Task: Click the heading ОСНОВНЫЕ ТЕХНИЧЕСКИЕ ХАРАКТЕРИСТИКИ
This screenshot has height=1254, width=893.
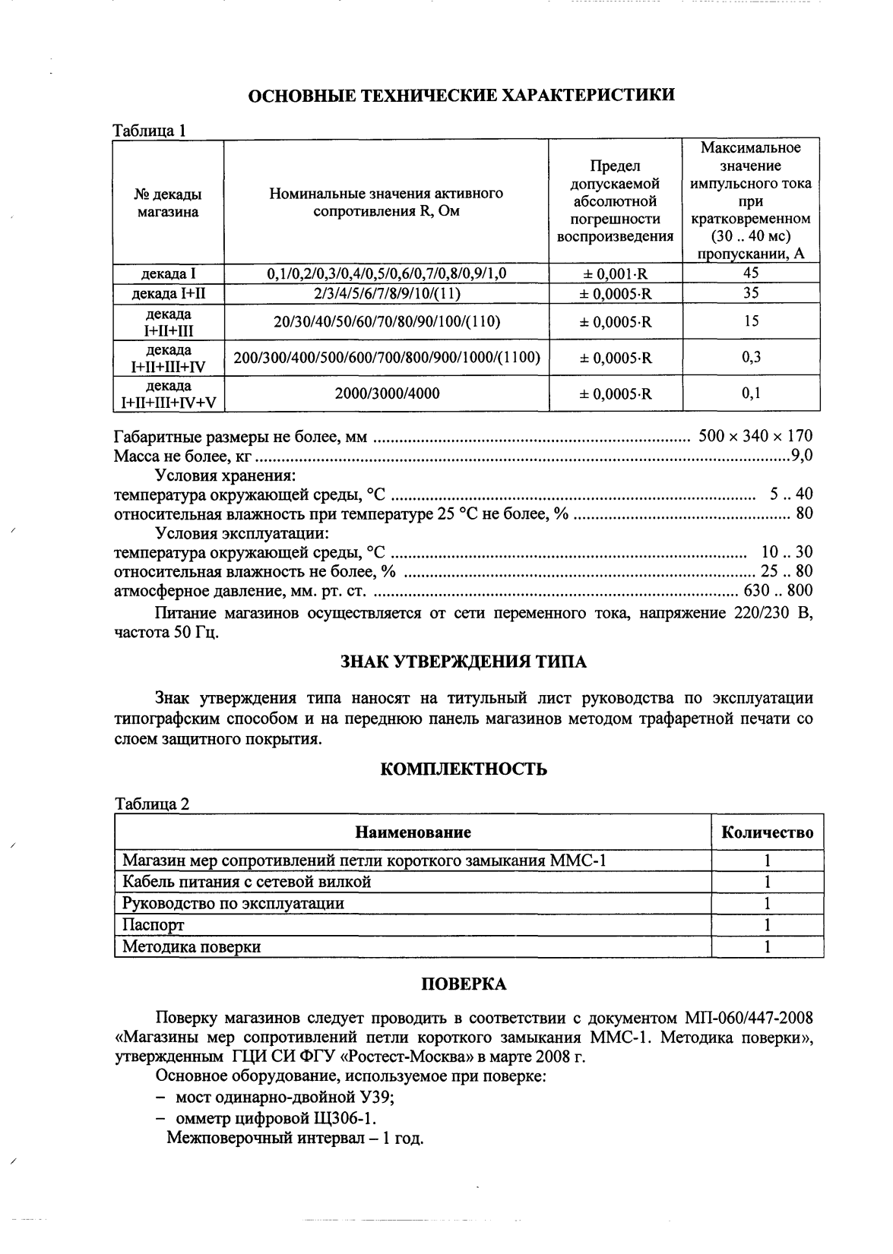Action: pos(462,95)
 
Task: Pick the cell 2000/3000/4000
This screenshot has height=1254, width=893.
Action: pos(387,393)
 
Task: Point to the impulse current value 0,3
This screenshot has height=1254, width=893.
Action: pos(751,358)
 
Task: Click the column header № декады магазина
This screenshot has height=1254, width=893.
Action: pos(168,203)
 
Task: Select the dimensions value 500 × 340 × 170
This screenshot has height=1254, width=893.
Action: pos(755,436)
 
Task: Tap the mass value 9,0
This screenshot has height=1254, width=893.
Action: pos(801,456)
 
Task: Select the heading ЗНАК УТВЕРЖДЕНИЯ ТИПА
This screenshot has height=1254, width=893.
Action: pos(463,662)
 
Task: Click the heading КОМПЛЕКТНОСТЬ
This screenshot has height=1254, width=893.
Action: pos(463,769)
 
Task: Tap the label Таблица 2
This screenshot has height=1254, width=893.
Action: pos(151,804)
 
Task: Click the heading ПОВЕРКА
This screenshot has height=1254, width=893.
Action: pos(464,984)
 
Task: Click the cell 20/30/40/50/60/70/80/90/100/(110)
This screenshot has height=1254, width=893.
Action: pos(387,322)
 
